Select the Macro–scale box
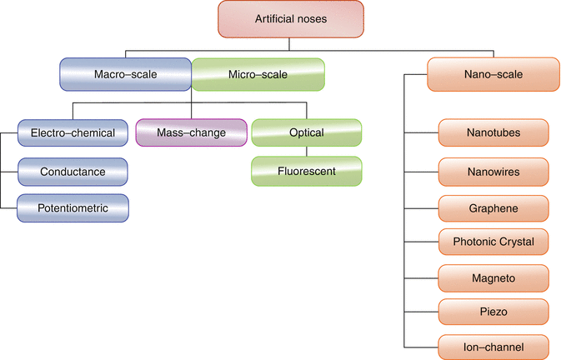(126, 74)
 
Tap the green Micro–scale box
(258, 74)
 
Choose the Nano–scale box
(494, 74)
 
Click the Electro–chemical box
(73, 132)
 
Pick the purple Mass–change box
(191, 132)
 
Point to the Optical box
(307, 132)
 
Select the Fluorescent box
(307, 171)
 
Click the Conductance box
(73, 171)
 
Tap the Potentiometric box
(73, 207)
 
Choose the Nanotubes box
(494, 132)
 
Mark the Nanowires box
(494, 171)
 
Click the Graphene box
(494, 207)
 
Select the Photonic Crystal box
(494, 242)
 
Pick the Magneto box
(494, 276)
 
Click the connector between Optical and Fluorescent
(307, 152)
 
